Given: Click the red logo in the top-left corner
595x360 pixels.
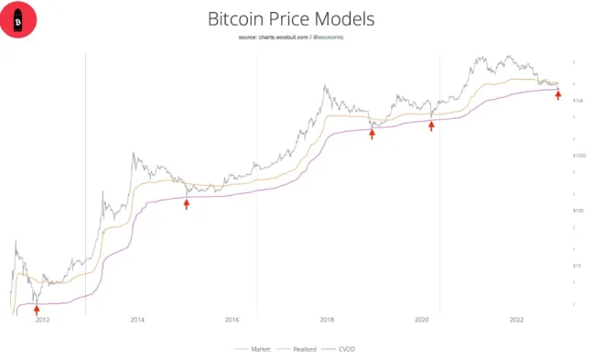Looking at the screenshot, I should (17, 18).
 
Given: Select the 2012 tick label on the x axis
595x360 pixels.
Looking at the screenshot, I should (42, 320).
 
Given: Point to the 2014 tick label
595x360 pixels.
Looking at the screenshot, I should (137, 320).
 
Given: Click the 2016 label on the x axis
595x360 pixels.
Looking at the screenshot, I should (232, 320).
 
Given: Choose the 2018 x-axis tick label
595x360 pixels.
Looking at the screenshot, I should (327, 320).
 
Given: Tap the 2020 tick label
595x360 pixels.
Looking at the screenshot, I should (422, 320).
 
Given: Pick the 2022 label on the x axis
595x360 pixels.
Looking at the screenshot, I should (516, 320).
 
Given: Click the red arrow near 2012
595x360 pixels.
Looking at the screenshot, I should (37, 311).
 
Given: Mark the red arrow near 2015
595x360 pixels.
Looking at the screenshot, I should (187, 203).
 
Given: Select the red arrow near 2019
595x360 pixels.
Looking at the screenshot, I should (372, 134).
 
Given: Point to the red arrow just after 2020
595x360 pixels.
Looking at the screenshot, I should (431, 126).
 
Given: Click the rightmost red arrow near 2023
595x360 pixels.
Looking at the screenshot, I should (558, 94).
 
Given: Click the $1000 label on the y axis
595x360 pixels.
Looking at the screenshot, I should (579, 157).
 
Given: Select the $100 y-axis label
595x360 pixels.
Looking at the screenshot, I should (578, 211).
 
